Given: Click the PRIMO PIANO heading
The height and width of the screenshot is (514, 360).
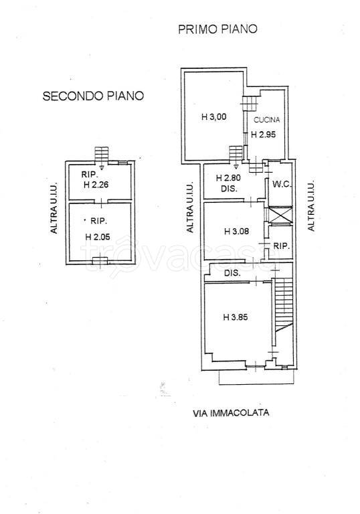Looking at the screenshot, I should (x=217, y=29).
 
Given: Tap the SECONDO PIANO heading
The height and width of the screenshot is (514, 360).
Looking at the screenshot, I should (x=94, y=96).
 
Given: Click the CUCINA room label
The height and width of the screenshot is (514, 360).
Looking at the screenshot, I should (x=266, y=120).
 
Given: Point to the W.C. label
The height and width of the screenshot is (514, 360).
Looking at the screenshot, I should (x=279, y=184).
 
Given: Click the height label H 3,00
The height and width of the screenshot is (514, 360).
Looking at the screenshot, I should (x=214, y=116).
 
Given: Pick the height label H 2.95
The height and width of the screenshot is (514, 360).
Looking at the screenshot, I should (x=264, y=134).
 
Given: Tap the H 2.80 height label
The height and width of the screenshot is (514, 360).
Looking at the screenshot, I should (x=228, y=178).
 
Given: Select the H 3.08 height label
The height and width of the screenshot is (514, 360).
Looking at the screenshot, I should (x=236, y=232).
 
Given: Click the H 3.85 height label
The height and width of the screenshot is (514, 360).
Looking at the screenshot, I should (x=236, y=317).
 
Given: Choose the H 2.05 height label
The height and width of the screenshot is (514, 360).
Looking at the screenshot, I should (x=98, y=236).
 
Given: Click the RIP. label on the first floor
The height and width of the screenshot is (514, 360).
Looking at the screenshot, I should (x=281, y=247).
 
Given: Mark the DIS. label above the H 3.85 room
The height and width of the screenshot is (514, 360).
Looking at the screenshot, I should (x=233, y=273).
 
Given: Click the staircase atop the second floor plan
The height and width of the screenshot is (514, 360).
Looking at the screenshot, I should (x=101, y=153).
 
